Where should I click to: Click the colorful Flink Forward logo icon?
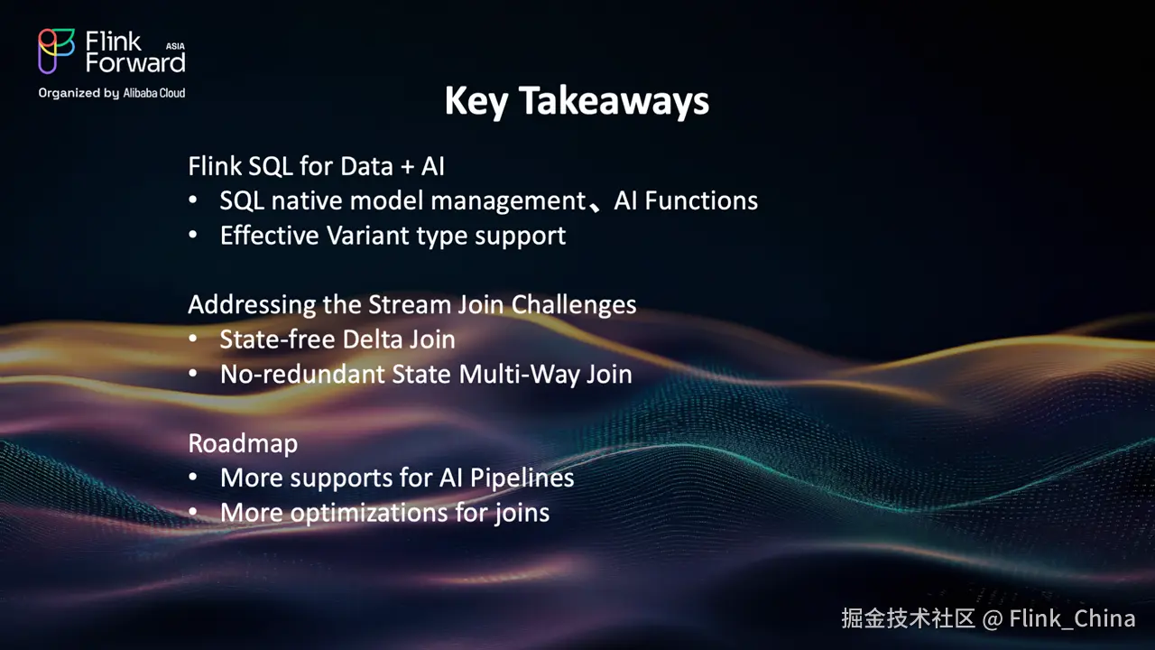point(56,51)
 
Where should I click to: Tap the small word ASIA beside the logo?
point(175,46)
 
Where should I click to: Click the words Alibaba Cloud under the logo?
point(154,93)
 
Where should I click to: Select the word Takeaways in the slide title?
point(614,100)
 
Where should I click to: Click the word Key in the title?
point(476,102)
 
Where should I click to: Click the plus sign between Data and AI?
point(407,168)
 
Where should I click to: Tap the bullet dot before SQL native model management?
point(193,200)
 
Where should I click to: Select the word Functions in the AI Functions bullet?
point(701,200)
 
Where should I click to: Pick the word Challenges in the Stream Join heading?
point(573,305)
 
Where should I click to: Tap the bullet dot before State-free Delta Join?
point(193,339)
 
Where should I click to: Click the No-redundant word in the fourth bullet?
point(302,374)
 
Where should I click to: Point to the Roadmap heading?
point(243,443)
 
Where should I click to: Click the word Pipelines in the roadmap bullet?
point(522,478)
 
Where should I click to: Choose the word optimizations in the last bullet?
point(369,514)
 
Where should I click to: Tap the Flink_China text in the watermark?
point(1073,618)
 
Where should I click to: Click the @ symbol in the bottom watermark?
point(992,619)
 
